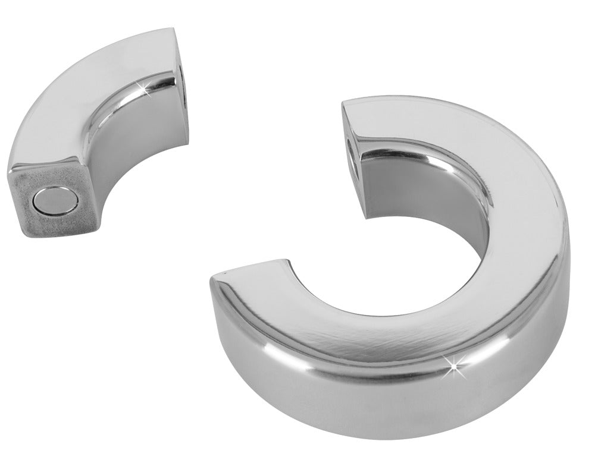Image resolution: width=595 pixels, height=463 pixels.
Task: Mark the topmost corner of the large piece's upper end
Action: pyautogui.click(x=344, y=102)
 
